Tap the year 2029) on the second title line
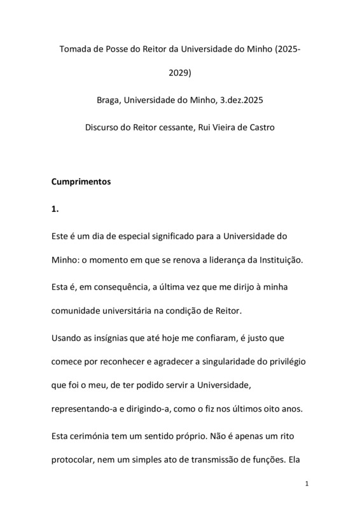point(180,73)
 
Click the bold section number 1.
point(55,208)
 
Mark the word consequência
point(112,288)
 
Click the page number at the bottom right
point(307,484)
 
